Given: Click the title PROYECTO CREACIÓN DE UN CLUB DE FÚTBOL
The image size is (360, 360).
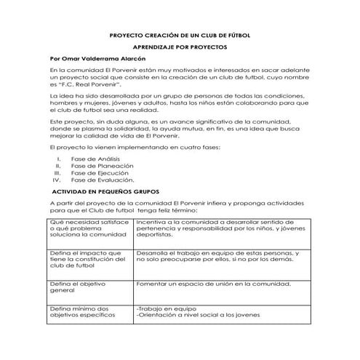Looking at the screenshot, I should pyautogui.click(x=179, y=34).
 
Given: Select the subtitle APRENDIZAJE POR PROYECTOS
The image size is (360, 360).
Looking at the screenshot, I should pyautogui.click(x=179, y=46).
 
